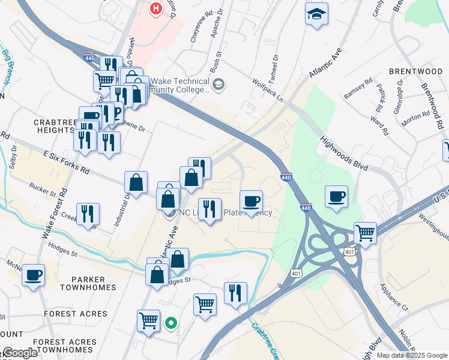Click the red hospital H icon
point(156,9)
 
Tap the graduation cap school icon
point(316,13)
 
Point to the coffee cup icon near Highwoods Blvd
point(336,196)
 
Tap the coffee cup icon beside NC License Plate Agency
point(251,200)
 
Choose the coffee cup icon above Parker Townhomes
point(33,275)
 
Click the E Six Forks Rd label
point(66,163)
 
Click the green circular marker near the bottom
point(171,323)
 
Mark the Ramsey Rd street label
point(359,88)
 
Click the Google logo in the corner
point(20,353)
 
